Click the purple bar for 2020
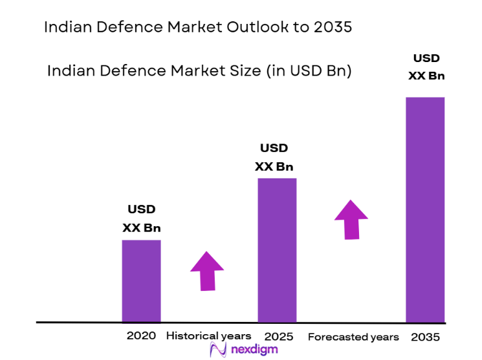(x=141, y=281)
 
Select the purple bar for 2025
(x=277, y=249)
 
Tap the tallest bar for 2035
(x=425, y=209)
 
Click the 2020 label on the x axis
(x=141, y=336)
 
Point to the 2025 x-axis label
(x=279, y=337)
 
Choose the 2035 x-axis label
(x=425, y=337)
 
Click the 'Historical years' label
(x=208, y=336)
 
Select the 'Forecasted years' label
(x=353, y=337)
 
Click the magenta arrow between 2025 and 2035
(x=351, y=219)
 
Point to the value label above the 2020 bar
(x=142, y=218)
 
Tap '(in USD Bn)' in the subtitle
(x=309, y=70)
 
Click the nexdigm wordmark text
(x=254, y=350)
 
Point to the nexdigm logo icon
(x=217, y=350)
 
